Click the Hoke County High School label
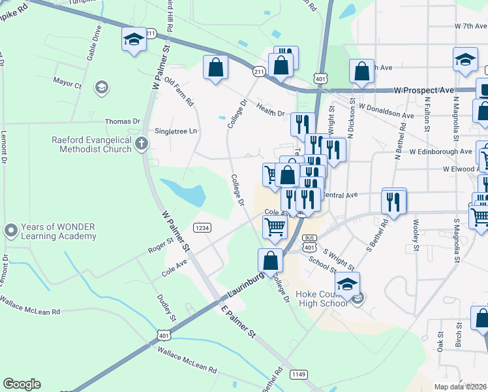tap(322, 299)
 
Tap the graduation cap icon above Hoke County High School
tap(348, 284)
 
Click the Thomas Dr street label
tap(123, 122)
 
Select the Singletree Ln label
tap(175, 131)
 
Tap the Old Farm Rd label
tap(179, 91)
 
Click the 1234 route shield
tap(202, 227)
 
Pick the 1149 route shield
tap(299, 374)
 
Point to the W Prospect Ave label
tap(424, 90)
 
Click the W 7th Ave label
tap(471, 26)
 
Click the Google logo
tap(22, 384)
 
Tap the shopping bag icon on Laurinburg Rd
tap(270, 260)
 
